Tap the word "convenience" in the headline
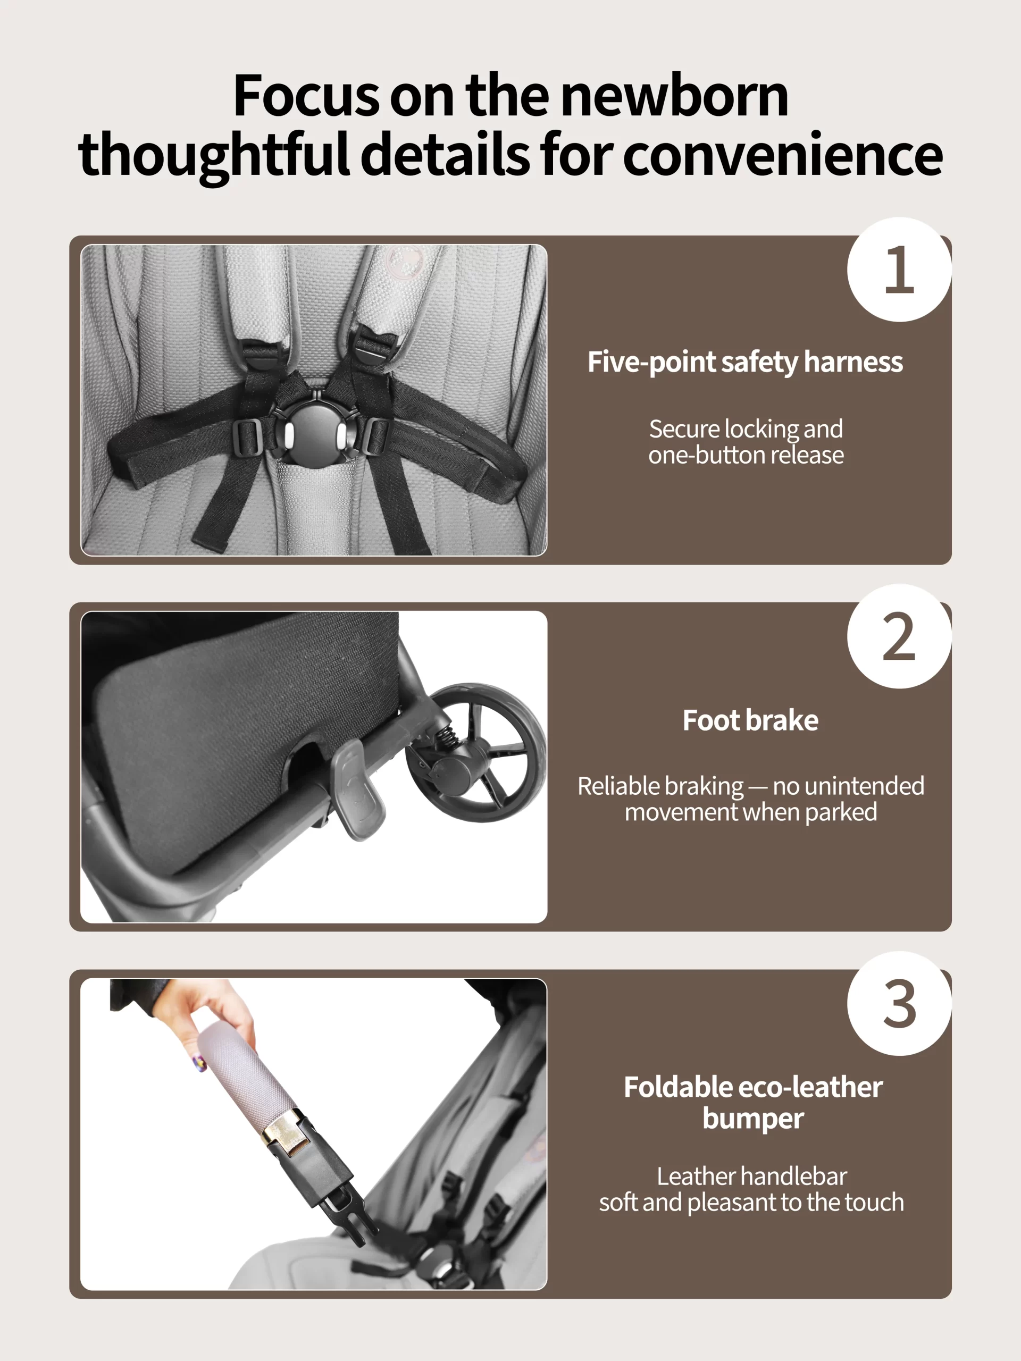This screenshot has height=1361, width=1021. click(x=783, y=154)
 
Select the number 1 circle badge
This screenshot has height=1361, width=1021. click(x=899, y=270)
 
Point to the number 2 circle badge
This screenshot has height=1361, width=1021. click(x=899, y=636)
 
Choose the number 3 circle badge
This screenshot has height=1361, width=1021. click(x=899, y=1004)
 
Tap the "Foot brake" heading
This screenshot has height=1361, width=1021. click(x=750, y=720)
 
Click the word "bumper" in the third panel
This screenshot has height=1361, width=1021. click(x=754, y=1119)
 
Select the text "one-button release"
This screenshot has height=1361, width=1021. click(x=746, y=455)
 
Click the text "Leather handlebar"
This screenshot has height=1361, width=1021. click(x=751, y=1177)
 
